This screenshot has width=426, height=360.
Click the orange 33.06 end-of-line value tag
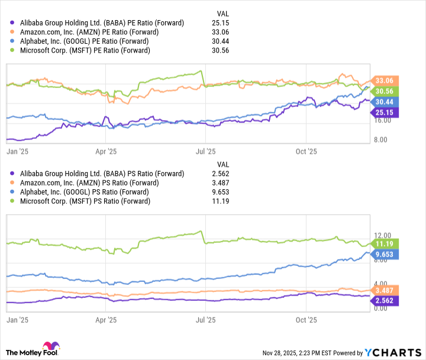(x=385, y=80)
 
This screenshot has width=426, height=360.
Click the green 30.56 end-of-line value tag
(x=385, y=91)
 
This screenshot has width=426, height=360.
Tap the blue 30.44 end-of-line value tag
(x=385, y=102)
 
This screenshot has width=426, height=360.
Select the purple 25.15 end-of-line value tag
(x=385, y=112)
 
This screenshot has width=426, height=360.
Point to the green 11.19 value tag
(x=385, y=243)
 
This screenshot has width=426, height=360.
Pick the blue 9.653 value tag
(x=385, y=254)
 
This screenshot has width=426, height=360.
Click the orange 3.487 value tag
(x=385, y=290)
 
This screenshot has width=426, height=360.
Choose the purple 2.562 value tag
(x=385, y=300)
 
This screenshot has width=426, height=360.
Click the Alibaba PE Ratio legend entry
(x=101, y=22)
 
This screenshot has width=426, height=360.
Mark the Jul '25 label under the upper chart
(x=205, y=151)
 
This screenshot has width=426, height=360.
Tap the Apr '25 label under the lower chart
(x=105, y=319)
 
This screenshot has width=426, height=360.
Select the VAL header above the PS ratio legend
(x=223, y=164)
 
